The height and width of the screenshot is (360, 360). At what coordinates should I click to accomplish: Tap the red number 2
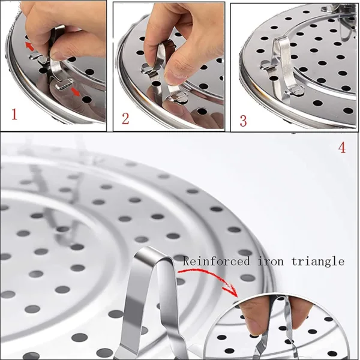click(x=125, y=117)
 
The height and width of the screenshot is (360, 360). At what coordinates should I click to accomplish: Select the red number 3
click(x=242, y=119)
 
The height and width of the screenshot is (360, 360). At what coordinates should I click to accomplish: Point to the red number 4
click(x=342, y=147)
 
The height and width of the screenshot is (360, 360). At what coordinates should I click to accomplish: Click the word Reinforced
click(x=216, y=261)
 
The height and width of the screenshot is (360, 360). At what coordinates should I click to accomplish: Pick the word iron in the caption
click(x=273, y=261)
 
